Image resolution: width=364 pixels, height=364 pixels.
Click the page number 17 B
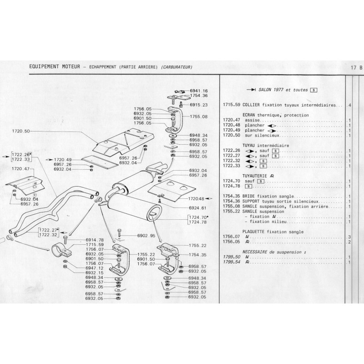coord(357,67)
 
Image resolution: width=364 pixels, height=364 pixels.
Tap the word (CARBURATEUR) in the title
coord(176,67)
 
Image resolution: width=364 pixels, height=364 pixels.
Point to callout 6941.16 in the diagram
coord(198,91)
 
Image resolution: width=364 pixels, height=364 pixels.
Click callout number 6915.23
coord(198,105)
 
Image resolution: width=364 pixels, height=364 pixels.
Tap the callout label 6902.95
coord(146,236)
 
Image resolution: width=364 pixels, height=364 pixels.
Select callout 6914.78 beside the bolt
coord(95,240)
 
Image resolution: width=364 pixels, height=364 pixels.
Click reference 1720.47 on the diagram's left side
coord(21,169)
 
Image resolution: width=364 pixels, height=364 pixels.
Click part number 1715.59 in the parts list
coord(232,105)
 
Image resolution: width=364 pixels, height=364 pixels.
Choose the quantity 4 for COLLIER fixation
coord(349,105)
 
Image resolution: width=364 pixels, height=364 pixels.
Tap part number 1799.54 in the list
coord(232,263)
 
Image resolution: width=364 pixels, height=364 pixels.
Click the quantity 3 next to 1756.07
coord(349,237)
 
